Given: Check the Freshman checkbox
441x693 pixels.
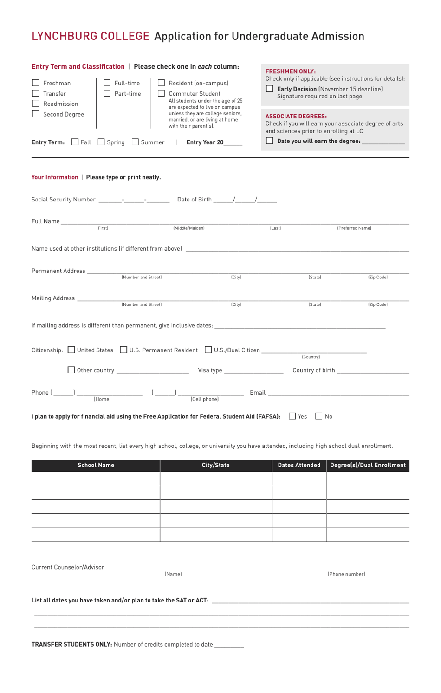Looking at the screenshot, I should coord(36,83).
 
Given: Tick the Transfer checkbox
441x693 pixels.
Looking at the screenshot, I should coord(36,93).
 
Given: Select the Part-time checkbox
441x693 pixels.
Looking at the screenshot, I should coord(107,93).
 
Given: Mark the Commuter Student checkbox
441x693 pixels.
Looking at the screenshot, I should coord(162,93).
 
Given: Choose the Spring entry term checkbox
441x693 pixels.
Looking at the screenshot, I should coord(101,142).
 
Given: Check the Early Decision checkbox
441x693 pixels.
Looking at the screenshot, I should coord(270,89).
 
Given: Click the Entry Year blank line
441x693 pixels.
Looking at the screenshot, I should coord(233,143).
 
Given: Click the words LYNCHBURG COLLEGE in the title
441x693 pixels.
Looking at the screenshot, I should coord(91,36).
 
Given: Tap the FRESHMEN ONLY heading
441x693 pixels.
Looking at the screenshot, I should coord(291,71).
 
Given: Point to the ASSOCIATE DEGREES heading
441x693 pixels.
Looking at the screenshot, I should coord(296,117).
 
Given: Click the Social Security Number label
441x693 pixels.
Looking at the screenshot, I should coord(64,200).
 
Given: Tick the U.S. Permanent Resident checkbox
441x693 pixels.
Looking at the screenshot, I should coord(123,350).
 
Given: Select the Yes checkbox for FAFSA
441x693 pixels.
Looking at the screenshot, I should coord(292,416).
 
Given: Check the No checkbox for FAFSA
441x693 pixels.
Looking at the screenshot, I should coord(319,416).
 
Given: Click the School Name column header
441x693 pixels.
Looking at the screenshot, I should coord(96,465).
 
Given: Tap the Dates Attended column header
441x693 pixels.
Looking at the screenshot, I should coord(299,465).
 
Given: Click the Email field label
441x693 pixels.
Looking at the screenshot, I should coord(258,393).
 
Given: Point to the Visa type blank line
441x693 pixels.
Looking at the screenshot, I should coord(253,371).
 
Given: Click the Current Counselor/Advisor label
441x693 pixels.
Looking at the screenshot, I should coord(68,567).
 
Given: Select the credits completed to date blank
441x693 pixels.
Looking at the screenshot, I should coord(229,645).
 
